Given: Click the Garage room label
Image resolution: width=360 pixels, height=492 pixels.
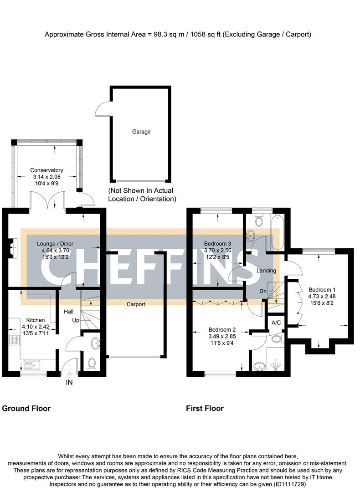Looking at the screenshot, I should click(x=141, y=132).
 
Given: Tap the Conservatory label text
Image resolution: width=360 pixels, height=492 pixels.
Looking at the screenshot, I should click(x=46, y=170).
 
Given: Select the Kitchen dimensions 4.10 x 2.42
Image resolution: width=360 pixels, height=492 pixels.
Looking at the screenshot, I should click(x=35, y=327).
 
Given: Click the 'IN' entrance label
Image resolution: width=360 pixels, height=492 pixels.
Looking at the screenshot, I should click(x=69, y=383).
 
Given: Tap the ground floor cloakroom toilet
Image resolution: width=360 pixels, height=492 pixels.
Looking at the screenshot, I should click(x=92, y=363).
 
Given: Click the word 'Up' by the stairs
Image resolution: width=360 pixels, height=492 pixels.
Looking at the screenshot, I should click(x=76, y=321).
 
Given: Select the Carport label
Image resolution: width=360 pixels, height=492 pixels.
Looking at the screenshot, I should click(x=136, y=304).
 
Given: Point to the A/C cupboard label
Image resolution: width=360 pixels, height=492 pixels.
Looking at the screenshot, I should click(x=276, y=323).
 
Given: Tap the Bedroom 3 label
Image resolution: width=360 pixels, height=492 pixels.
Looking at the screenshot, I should click(x=217, y=243).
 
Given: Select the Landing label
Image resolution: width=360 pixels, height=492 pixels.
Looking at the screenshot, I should click(x=267, y=271).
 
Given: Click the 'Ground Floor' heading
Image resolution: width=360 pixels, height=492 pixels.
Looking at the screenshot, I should click(x=26, y=408).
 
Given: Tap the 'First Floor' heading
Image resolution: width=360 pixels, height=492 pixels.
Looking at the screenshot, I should click(x=205, y=408).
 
